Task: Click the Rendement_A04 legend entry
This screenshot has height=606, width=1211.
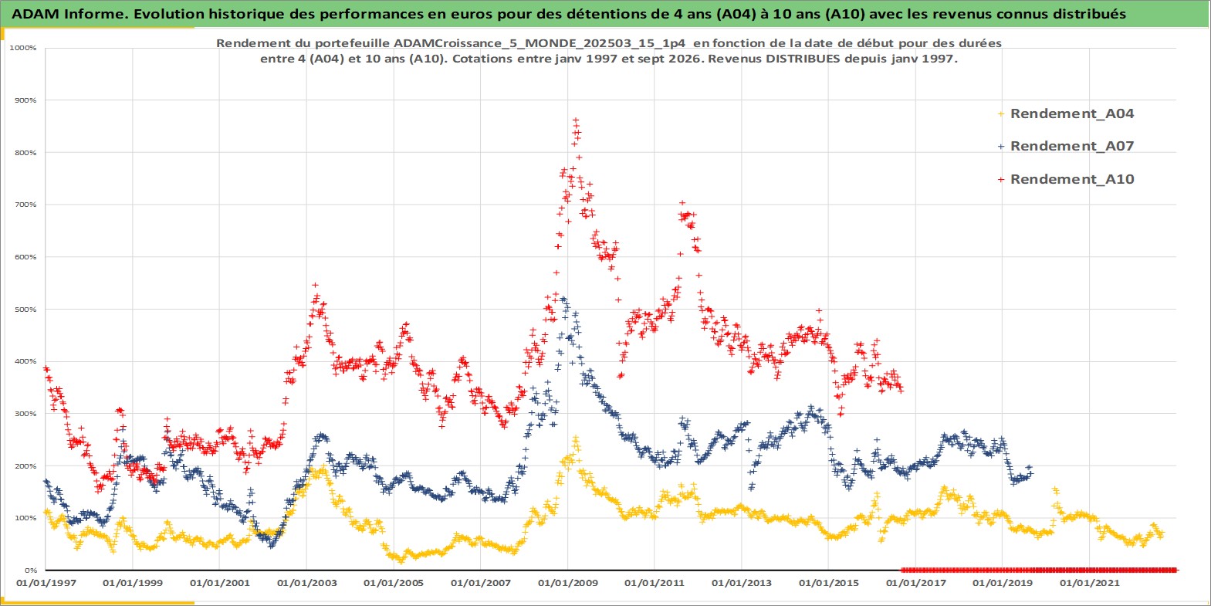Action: pyautogui.click(x=1065, y=113)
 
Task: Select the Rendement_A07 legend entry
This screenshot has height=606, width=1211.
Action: pyautogui.click(x=1065, y=146)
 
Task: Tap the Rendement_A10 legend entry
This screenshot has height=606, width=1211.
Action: pyautogui.click(x=1065, y=179)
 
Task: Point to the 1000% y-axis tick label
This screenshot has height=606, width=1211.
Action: pyautogui.click(x=22, y=48)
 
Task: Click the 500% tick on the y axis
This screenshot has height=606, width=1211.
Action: pyautogui.click(x=25, y=310)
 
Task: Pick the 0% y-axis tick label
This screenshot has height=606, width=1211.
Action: pyautogui.click(x=31, y=570)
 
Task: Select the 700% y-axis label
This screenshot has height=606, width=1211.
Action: pyautogui.click(x=25, y=205)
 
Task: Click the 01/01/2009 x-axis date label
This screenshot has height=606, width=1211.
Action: pyautogui.click(x=567, y=583)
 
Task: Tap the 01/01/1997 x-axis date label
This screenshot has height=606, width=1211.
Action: pyautogui.click(x=46, y=583)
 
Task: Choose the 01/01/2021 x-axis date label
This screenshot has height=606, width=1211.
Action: pyautogui.click(x=1089, y=583)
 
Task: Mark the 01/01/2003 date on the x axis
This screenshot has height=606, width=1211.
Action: pyautogui.click(x=306, y=583)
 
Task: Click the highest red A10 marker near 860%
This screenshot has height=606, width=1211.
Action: pyautogui.click(x=576, y=120)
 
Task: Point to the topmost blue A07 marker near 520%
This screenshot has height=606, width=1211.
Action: pyautogui.click(x=563, y=299)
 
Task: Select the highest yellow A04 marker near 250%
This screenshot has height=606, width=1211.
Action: pyautogui.click(x=576, y=438)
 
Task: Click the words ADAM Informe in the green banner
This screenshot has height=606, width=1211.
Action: pyautogui.click(x=68, y=14)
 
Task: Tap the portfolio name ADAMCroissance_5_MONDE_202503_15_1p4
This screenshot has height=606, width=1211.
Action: pyautogui.click(x=540, y=43)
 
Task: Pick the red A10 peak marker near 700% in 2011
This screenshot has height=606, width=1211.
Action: pyautogui.click(x=682, y=203)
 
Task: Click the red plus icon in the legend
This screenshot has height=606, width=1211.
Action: pyautogui.click(x=1001, y=179)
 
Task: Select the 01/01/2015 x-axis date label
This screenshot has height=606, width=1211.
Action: pyautogui.click(x=829, y=583)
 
